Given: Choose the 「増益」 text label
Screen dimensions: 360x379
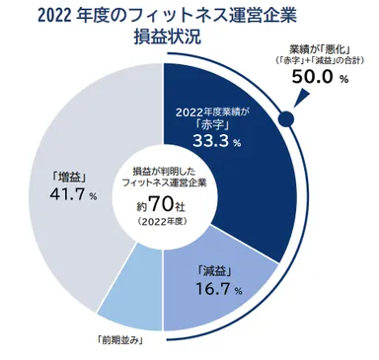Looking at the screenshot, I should coord(57,178).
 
